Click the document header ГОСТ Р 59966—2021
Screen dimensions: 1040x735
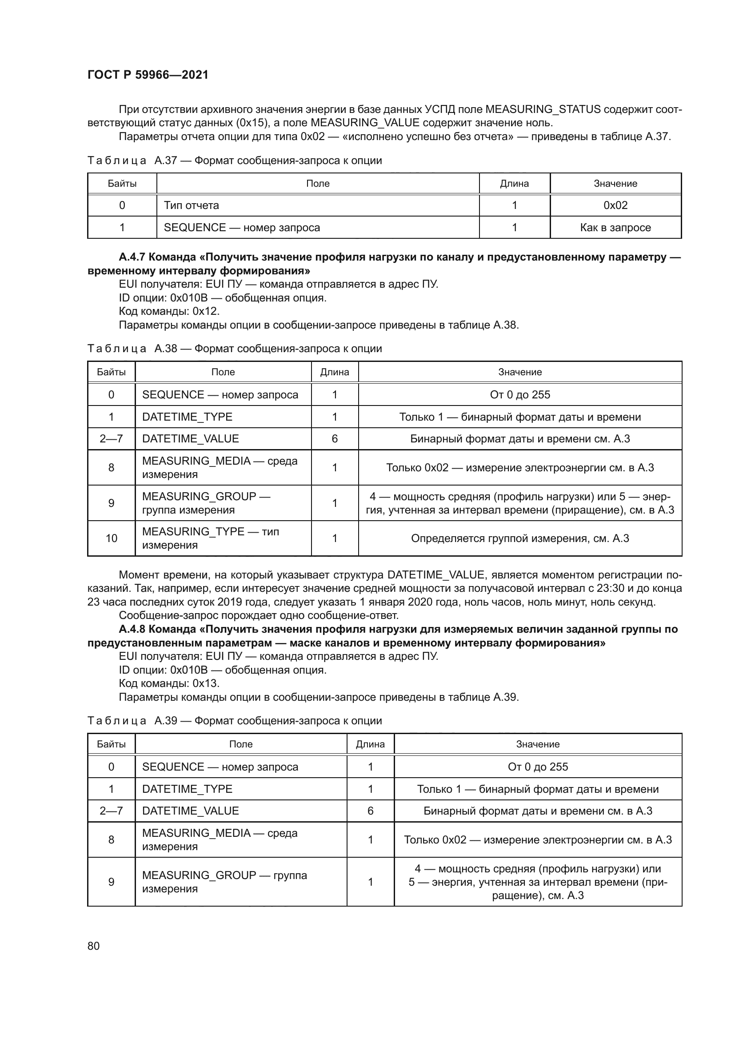(x=148, y=75)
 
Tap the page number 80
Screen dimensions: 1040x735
(x=94, y=946)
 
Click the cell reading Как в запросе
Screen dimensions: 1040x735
(x=615, y=227)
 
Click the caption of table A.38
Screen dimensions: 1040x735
(x=235, y=349)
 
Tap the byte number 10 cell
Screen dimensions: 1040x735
(x=112, y=538)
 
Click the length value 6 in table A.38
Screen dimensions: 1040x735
(x=335, y=438)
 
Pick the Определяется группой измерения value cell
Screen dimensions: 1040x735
(x=519, y=538)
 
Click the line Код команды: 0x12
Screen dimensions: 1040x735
(x=169, y=311)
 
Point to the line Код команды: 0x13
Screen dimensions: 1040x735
(x=169, y=683)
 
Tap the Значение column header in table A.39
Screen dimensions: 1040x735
(x=538, y=744)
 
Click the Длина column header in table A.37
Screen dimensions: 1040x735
(x=514, y=184)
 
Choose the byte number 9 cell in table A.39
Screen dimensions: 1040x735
(x=112, y=882)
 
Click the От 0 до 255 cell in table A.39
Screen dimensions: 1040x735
(x=538, y=767)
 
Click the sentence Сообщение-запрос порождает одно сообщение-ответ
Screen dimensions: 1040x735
(x=259, y=615)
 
